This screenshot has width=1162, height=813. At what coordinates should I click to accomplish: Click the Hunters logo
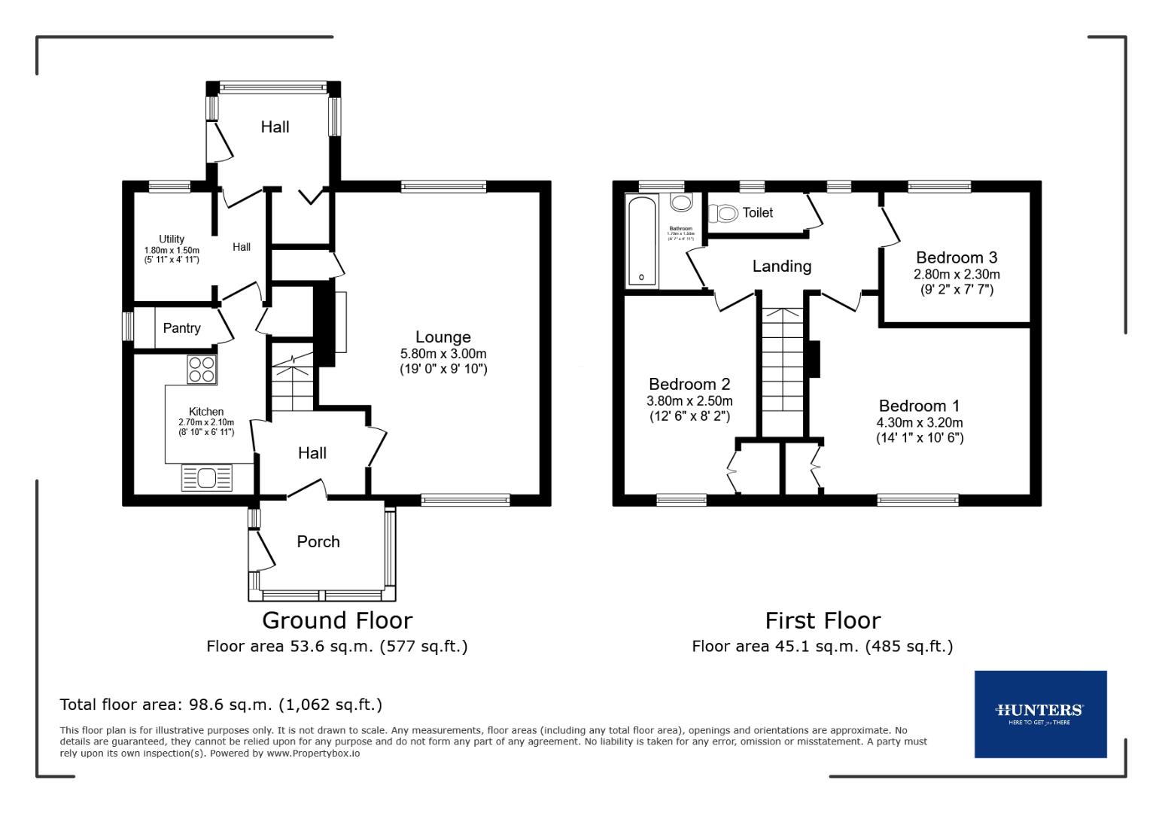pyautogui.click(x=1039, y=713)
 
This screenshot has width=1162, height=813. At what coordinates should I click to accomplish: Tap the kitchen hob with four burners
pyautogui.click(x=202, y=370)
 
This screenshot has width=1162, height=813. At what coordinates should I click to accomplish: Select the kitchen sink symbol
pyautogui.click(x=207, y=478)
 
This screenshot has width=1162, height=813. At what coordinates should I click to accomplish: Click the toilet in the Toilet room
pyautogui.click(x=723, y=214)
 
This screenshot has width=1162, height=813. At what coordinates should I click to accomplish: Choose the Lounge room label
pyautogui.click(x=443, y=337)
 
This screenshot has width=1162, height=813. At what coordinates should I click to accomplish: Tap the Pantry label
pyautogui.click(x=181, y=328)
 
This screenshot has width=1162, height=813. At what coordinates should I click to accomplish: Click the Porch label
pyautogui.click(x=318, y=542)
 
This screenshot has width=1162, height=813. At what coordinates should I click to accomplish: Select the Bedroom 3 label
pyautogui.click(x=957, y=258)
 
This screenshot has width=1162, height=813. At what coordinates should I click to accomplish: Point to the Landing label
pyautogui.click(x=782, y=266)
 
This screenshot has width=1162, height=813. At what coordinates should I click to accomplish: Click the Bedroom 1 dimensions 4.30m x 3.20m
pyautogui.click(x=919, y=423)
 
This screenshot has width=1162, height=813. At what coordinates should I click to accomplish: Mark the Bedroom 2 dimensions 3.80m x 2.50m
pyautogui.click(x=689, y=401)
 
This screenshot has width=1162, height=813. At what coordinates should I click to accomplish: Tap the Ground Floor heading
pyautogui.click(x=337, y=620)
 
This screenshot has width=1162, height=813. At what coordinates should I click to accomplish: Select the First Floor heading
pyautogui.click(x=823, y=620)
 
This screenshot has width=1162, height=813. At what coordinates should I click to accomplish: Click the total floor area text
pyautogui.click(x=221, y=705)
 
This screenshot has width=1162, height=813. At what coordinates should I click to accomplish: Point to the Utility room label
pyautogui.click(x=172, y=239)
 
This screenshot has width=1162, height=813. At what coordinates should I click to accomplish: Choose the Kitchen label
pyautogui.click(x=205, y=412)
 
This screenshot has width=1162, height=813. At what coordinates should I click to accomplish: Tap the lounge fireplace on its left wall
pyautogui.click(x=340, y=321)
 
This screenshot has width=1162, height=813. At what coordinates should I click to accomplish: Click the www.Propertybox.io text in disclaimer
pyautogui.click(x=313, y=753)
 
